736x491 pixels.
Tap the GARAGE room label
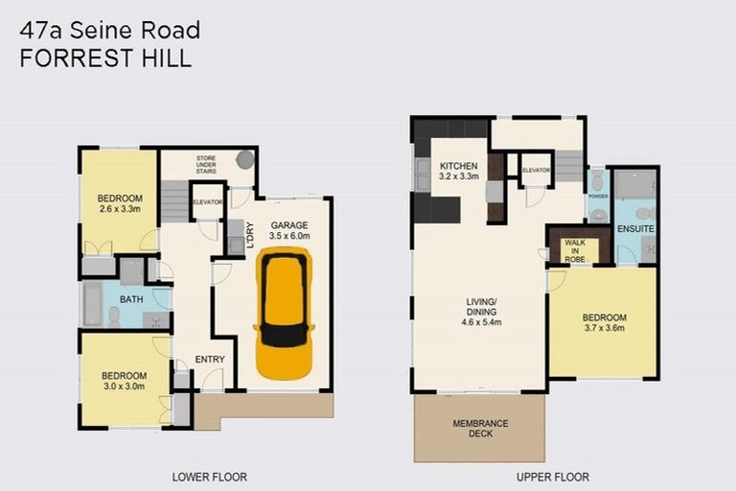[289, 225]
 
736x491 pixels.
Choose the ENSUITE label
[635, 229]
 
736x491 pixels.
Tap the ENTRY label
[210, 360]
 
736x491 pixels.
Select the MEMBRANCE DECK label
[480, 429]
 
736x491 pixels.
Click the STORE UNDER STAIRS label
[207, 164]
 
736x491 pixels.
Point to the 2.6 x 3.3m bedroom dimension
[120, 208]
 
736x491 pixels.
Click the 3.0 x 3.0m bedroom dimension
[125, 386]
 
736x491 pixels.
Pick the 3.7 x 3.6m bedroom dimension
[604, 328]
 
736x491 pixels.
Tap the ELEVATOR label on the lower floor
[207, 202]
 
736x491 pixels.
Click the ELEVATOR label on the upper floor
[537, 171]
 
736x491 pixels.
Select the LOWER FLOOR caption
[209, 477]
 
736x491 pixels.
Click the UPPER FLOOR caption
[551, 477]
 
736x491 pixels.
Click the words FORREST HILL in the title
[105, 58]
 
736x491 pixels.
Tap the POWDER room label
[598, 196]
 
